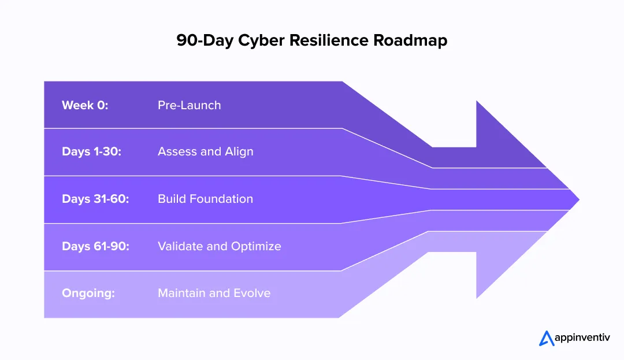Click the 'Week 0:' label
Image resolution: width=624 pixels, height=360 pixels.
tap(85, 105)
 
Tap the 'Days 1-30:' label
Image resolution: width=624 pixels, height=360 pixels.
tap(91, 152)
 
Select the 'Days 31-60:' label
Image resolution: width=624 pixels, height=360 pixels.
tap(95, 199)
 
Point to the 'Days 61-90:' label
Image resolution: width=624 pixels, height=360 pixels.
tap(95, 246)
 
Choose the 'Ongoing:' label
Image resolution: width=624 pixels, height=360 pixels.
tap(88, 293)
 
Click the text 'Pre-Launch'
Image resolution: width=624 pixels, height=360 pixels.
tap(189, 105)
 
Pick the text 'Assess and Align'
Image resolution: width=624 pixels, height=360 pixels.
tap(205, 152)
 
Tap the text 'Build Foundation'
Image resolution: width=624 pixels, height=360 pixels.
tap(205, 199)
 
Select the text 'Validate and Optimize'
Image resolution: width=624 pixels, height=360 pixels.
tap(219, 246)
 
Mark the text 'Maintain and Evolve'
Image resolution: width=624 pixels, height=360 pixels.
tap(214, 293)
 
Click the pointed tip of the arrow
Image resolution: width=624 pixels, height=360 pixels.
tap(577, 200)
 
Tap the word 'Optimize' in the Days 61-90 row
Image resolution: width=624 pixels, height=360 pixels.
tap(257, 246)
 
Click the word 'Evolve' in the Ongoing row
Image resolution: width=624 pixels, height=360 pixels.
tap(252, 293)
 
